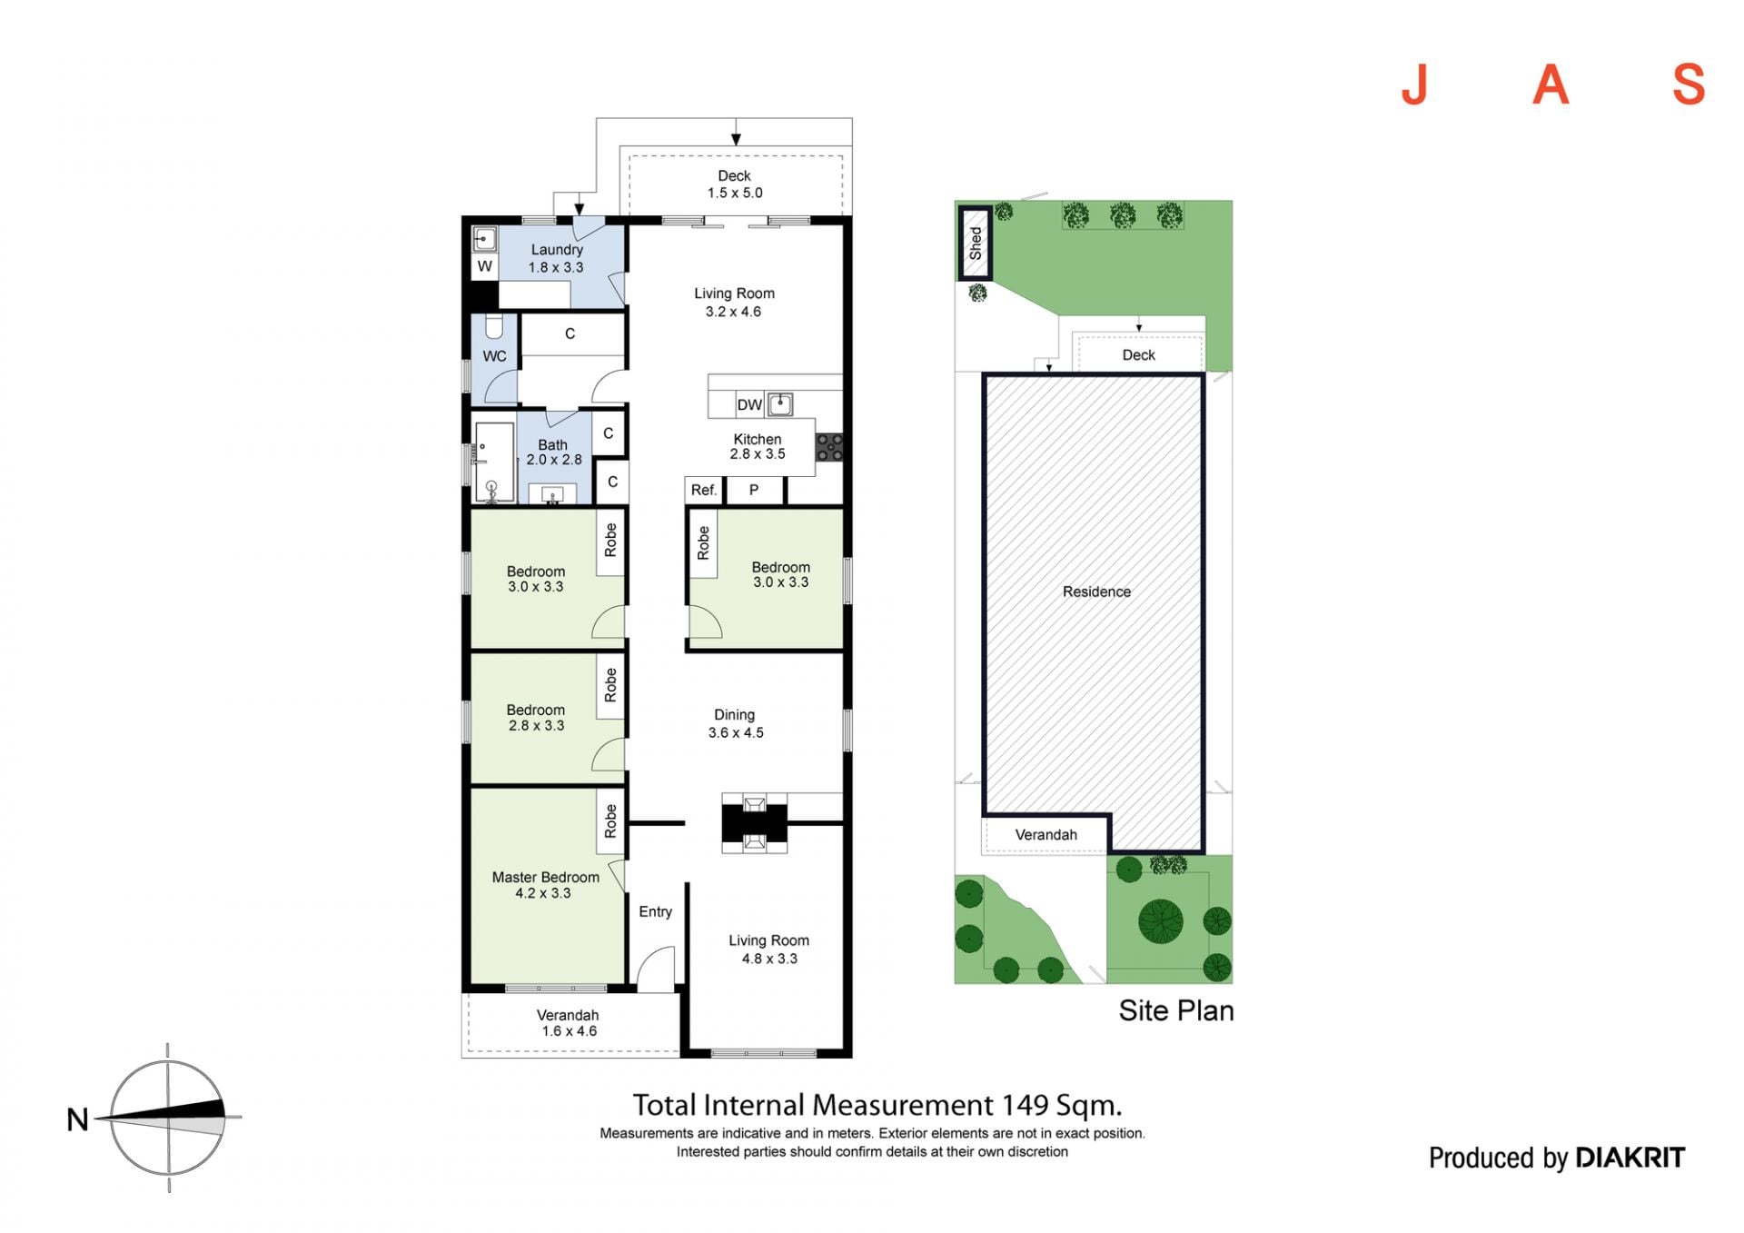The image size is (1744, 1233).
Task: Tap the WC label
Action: [x=494, y=356]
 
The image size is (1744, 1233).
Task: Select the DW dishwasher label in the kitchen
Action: [x=749, y=405]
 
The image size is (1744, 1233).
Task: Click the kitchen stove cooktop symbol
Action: [x=828, y=447]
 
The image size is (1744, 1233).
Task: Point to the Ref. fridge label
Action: [x=704, y=491]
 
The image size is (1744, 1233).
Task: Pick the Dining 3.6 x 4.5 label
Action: [x=735, y=723]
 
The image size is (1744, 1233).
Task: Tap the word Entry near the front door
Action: [x=655, y=912]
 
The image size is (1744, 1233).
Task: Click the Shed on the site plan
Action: [x=975, y=244]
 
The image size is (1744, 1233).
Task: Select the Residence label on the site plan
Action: [x=1096, y=592]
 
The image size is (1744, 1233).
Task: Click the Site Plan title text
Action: [x=1175, y=1010]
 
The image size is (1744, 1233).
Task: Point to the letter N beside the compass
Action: [x=78, y=1119]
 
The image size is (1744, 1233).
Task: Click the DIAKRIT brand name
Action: [x=1630, y=1158]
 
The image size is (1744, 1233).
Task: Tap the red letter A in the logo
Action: [x=1551, y=85]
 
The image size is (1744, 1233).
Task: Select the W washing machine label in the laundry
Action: [x=485, y=266]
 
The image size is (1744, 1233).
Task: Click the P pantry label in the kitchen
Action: [x=753, y=491]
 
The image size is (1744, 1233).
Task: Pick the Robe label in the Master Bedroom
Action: [x=610, y=821]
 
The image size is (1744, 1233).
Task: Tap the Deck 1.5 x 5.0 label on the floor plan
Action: [x=735, y=184]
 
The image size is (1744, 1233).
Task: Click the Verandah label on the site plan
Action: [x=1045, y=835]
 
